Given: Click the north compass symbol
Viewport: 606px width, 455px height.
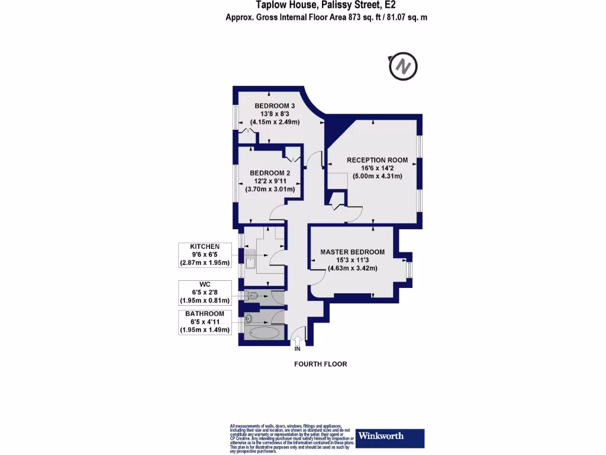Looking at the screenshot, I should [403, 66].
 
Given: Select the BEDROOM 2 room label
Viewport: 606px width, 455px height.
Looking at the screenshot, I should [269, 173].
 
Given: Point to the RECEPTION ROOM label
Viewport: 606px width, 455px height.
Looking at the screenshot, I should [377, 159].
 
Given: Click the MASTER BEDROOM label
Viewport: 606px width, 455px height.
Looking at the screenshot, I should [352, 252].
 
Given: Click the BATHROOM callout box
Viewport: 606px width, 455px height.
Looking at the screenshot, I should [205, 322].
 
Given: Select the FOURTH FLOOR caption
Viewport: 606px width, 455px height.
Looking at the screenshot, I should [321, 364].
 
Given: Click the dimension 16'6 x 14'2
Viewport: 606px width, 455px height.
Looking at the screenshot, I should [377, 168].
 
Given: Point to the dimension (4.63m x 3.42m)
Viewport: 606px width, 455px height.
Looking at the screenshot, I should [352, 268].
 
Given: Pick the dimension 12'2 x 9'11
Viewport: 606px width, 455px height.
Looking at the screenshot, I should [269, 181].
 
